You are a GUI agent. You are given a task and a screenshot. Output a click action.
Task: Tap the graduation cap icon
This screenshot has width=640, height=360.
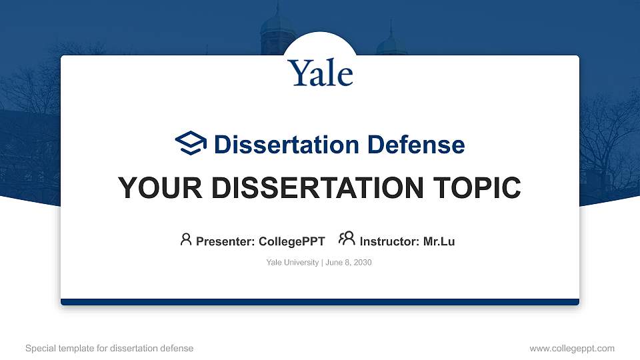click(x=191, y=143)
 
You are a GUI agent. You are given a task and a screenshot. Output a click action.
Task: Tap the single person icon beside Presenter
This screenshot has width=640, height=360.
click(x=186, y=239)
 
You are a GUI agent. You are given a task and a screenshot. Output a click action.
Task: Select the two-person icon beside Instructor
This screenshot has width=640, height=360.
click(x=347, y=239)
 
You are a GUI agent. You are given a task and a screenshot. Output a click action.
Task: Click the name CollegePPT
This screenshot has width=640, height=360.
click(x=291, y=241)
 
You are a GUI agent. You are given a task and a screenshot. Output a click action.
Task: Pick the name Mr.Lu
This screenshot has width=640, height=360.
click(x=439, y=241)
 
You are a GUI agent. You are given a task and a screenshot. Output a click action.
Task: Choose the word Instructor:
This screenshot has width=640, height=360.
click(x=390, y=241)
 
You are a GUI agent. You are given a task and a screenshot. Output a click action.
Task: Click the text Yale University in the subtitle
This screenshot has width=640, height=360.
click(x=292, y=263)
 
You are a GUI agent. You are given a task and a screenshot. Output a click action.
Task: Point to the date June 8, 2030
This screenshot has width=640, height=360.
click(x=349, y=263)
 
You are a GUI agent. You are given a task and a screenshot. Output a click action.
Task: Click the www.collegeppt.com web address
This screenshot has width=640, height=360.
click(x=572, y=348)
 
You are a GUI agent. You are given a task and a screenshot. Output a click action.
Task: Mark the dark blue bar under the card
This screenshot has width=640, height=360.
click(x=320, y=302)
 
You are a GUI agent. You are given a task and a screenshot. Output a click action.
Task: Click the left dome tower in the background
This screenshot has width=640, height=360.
click(x=278, y=30)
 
